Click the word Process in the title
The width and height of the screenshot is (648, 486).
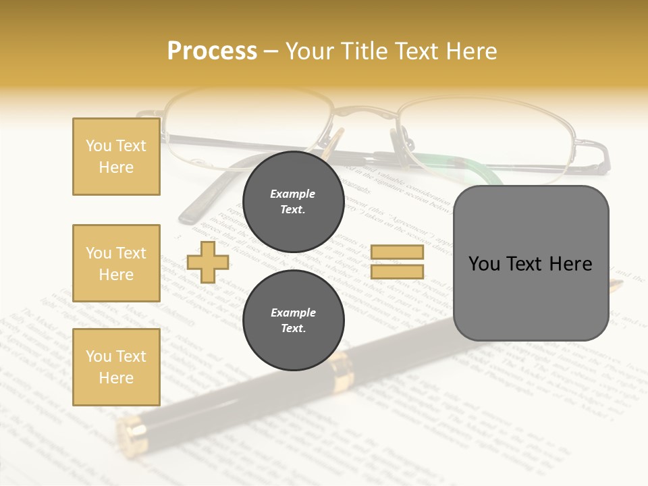(x=212, y=51)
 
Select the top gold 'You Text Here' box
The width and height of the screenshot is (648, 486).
(x=116, y=157)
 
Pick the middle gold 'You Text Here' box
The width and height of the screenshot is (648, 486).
(x=116, y=263)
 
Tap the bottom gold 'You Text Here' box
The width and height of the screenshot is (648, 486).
(x=116, y=367)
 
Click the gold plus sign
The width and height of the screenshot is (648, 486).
(x=207, y=262)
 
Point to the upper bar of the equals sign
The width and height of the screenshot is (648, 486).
(x=398, y=252)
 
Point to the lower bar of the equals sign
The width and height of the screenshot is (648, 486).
(x=398, y=272)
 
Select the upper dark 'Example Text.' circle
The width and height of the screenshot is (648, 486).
(x=293, y=202)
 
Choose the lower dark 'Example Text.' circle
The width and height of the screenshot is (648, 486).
(x=293, y=321)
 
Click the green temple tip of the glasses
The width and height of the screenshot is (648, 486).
(x=466, y=165)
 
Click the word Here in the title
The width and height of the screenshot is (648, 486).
(x=473, y=51)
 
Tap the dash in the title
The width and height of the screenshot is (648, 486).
(x=271, y=51)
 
